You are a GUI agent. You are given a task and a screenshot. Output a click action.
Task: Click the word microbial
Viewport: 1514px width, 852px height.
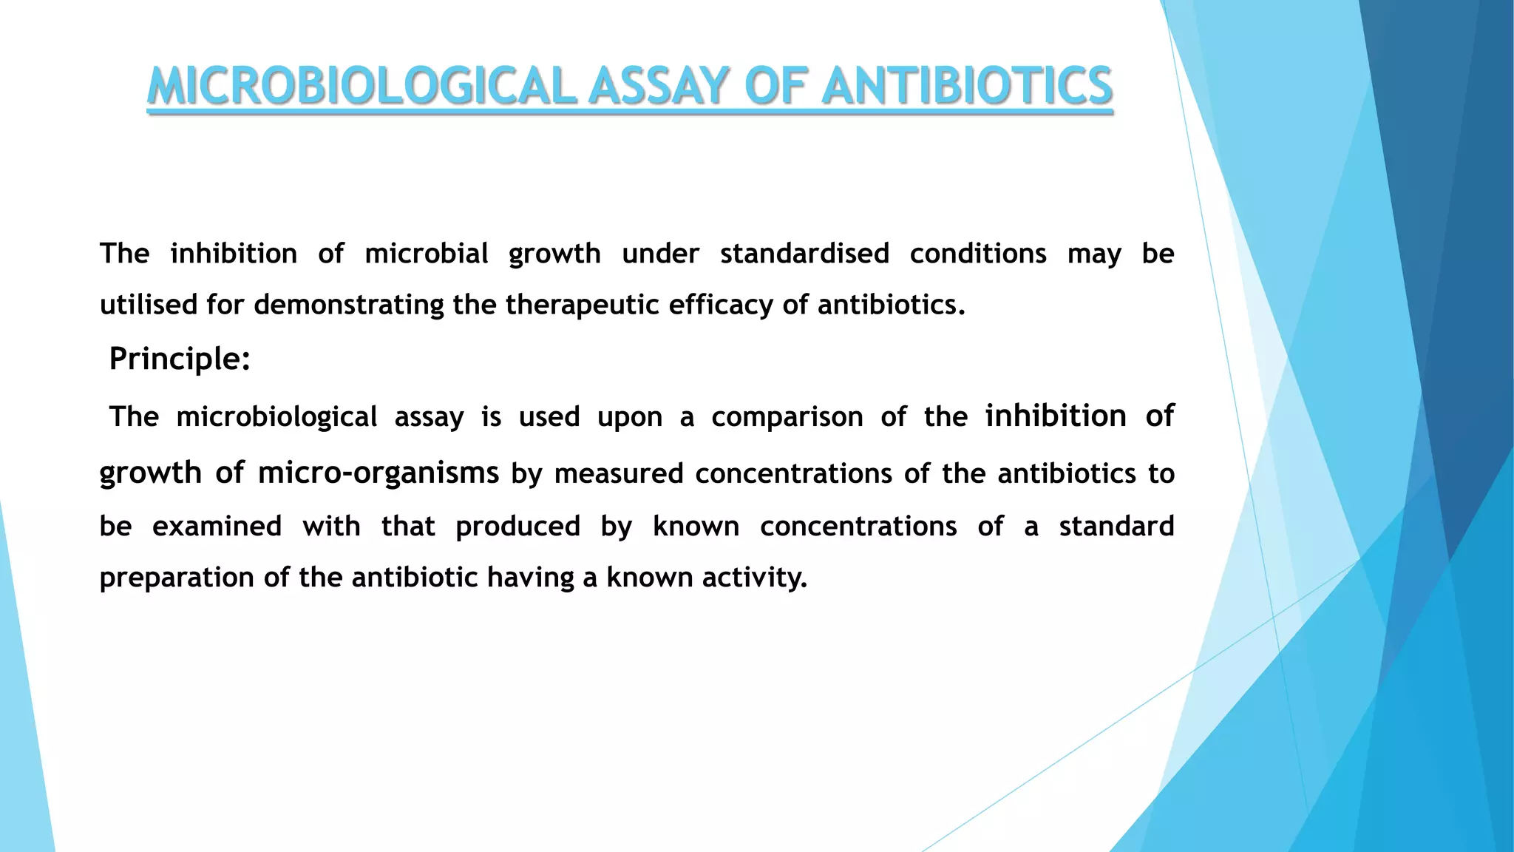(427, 254)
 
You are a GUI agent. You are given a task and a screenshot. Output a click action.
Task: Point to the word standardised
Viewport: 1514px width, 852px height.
(804, 254)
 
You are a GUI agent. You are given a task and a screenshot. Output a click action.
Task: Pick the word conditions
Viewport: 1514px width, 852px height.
(978, 254)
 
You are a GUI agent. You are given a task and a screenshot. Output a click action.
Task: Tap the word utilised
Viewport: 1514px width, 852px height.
(148, 305)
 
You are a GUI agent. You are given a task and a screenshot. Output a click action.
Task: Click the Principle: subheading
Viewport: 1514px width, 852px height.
(180, 359)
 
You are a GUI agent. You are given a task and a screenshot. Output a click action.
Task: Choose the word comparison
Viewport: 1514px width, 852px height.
(787, 417)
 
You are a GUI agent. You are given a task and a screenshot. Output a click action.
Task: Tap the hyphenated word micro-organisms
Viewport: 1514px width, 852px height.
(378, 473)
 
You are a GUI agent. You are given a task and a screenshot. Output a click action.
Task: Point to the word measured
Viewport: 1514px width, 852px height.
(619, 474)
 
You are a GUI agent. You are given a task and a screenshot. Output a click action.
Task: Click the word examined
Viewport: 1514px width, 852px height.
(217, 527)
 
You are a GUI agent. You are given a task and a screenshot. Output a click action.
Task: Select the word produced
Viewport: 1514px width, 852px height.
(517, 527)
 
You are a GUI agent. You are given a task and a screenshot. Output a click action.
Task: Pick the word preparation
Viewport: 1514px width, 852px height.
(177, 578)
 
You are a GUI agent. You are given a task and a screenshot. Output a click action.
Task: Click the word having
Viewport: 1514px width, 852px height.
(530, 578)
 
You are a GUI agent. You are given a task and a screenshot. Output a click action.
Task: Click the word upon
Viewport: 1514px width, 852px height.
(630, 418)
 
